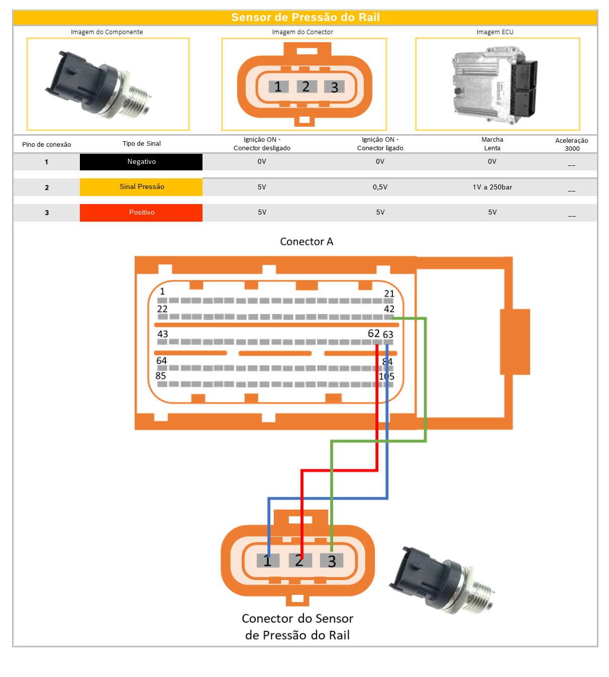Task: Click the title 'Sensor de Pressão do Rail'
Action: click(305, 18)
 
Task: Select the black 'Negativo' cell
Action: click(141, 162)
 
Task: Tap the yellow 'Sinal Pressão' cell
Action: click(141, 187)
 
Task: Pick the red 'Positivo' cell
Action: click(141, 213)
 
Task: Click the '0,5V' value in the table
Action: click(380, 187)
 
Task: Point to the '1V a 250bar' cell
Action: click(492, 187)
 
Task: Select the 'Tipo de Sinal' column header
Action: click(141, 144)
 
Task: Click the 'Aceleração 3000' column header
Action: click(571, 144)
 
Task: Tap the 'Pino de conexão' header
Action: click(46, 144)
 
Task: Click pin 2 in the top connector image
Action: click(306, 86)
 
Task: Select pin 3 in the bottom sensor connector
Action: click(332, 560)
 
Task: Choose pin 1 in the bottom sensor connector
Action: click(267, 560)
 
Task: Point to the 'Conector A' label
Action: click(307, 242)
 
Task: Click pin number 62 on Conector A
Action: click(374, 334)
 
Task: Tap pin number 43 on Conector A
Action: click(162, 334)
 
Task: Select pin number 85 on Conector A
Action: click(161, 376)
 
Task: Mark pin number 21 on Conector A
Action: click(389, 294)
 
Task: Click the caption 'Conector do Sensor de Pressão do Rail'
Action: click(297, 627)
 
